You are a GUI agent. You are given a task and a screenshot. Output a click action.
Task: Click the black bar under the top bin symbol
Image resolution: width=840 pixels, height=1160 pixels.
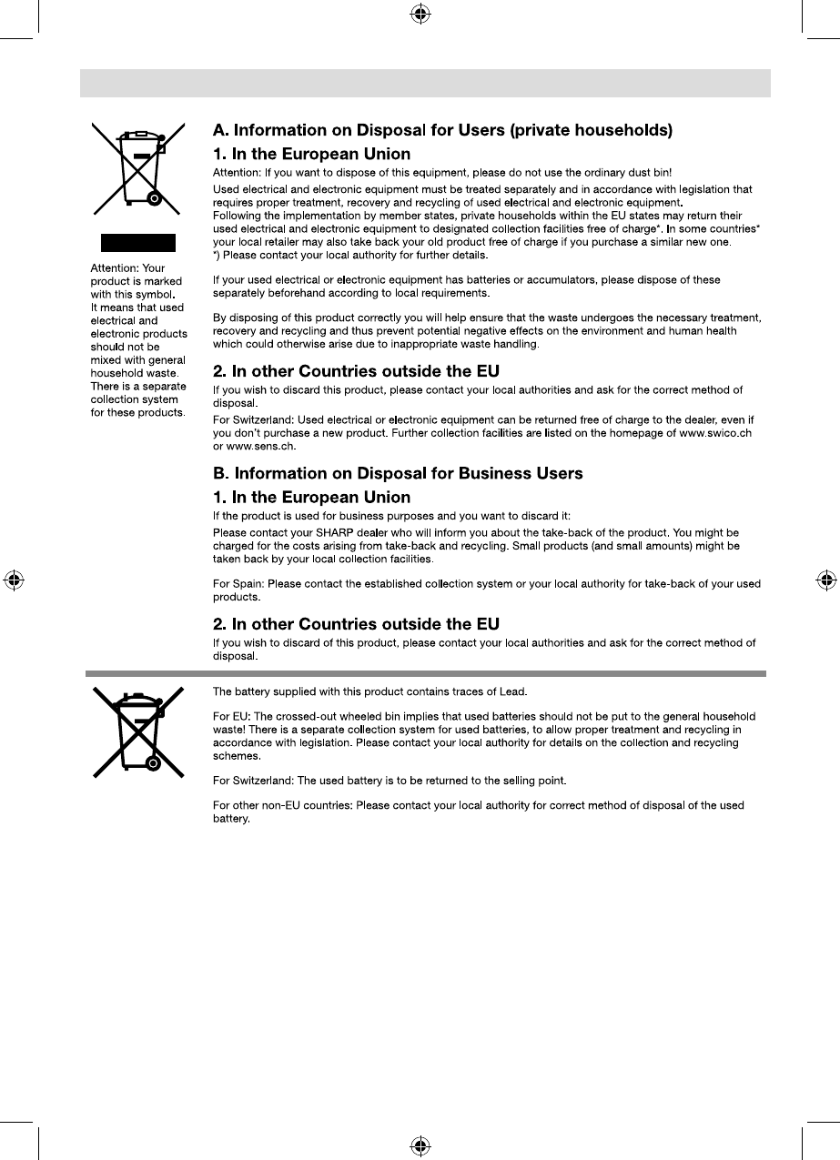[x=137, y=242]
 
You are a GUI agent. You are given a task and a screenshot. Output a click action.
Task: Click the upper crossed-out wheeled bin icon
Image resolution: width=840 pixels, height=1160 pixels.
[x=138, y=168]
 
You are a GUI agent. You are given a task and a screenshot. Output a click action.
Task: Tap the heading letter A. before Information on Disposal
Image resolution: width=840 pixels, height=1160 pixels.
[x=220, y=131]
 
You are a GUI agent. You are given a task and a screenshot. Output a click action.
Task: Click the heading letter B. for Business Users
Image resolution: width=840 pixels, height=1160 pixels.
[x=220, y=474]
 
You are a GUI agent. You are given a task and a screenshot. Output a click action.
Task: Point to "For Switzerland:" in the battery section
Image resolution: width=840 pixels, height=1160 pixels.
[x=251, y=781]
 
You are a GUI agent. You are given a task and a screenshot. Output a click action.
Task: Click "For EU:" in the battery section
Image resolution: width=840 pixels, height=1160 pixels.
[x=231, y=717]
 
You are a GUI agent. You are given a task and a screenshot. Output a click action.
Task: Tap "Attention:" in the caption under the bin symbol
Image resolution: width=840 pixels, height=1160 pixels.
[x=114, y=269]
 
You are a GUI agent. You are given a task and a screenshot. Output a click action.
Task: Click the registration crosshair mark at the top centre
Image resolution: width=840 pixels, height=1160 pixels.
[x=420, y=14]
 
